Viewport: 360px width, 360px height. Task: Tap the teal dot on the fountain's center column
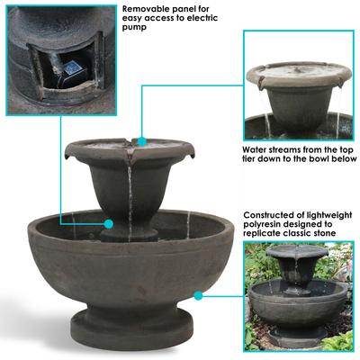coord(108,223)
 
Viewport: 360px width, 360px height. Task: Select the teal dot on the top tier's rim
coord(141,139)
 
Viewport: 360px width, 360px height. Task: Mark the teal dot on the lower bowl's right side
coord(198,293)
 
